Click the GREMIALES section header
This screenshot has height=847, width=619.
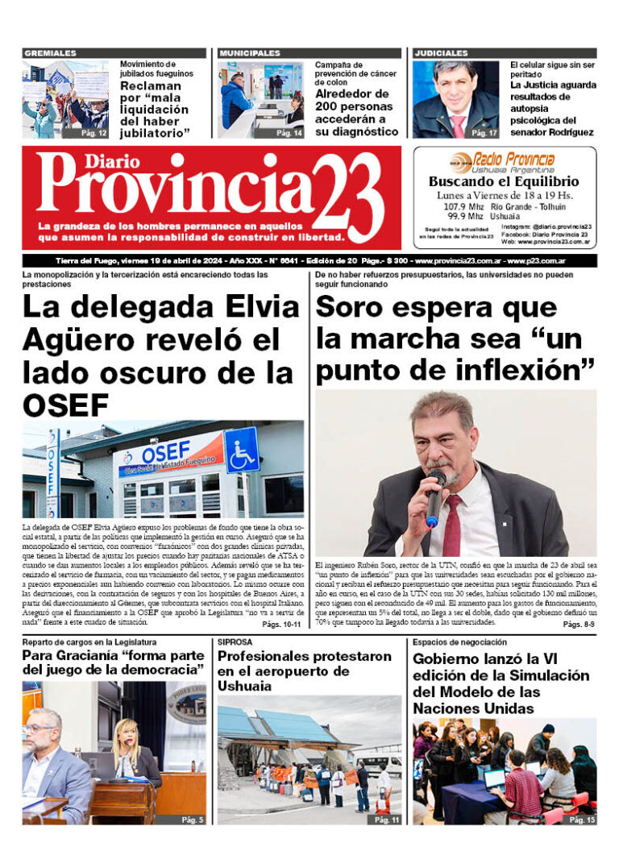(50, 53)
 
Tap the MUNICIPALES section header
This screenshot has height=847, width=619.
(250, 53)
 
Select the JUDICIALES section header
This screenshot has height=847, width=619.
(441, 53)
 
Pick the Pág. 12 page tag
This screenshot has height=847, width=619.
(94, 133)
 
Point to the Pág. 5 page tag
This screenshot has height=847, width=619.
(192, 820)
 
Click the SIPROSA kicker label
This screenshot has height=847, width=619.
(237, 642)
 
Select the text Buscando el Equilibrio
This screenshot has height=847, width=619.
(504, 182)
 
